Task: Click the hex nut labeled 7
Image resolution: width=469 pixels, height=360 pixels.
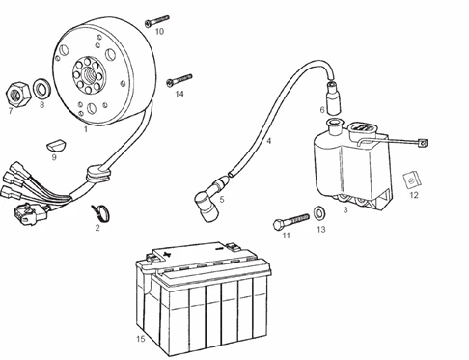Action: click(18, 94)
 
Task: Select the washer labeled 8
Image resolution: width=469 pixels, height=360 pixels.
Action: click(41, 89)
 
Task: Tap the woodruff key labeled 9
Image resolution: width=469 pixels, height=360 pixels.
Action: click(56, 145)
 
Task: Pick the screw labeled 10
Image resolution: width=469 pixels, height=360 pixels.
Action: click(156, 21)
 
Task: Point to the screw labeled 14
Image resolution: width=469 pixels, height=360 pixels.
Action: click(179, 80)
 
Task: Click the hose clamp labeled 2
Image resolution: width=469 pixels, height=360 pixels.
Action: click(100, 213)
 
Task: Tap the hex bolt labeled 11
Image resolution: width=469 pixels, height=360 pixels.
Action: click(290, 221)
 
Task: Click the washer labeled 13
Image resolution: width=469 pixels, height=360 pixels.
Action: click(319, 213)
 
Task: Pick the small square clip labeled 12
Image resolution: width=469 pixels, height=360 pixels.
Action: click(412, 180)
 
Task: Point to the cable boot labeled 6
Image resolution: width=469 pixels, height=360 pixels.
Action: click(333, 97)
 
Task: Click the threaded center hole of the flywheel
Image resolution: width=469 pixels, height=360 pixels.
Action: click(88, 76)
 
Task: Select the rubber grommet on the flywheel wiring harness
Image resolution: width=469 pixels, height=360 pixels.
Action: click(97, 174)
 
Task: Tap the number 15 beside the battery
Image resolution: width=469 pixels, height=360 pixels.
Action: click(140, 339)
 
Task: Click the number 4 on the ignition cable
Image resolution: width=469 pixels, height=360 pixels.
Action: click(269, 141)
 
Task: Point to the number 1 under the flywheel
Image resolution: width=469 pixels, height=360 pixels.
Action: click(86, 129)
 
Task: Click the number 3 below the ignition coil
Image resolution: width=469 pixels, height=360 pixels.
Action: click(345, 209)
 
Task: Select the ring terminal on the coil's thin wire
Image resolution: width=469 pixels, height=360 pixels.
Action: click(423, 143)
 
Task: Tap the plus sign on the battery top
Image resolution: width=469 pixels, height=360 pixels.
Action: click(167, 254)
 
